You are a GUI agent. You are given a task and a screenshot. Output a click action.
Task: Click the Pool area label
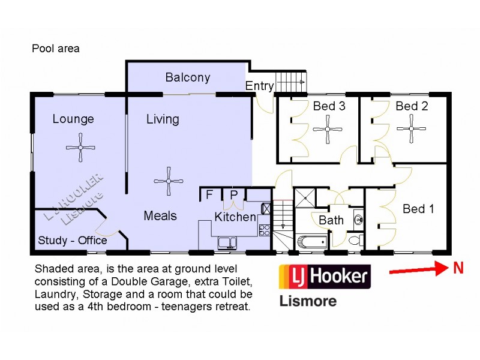[x=56, y=49]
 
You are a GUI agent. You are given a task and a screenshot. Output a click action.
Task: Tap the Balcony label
[x=188, y=77]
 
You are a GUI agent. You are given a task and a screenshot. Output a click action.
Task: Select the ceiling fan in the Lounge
[x=80, y=148]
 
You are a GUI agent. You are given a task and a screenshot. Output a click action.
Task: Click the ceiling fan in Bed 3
[x=328, y=128]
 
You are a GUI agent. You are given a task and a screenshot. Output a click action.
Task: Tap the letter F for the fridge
[x=209, y=194]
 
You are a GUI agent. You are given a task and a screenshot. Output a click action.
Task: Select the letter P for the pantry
[x=233, y=194]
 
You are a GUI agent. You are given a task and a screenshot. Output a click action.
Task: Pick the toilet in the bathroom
[x=355, y=241]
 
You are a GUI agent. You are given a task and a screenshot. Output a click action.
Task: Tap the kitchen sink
[x=227, y=242]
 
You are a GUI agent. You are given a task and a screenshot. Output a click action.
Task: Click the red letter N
[x=458, y=269]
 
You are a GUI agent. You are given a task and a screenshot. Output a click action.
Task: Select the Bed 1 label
[x=418, y=209]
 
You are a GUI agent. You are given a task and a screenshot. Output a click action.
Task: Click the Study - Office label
[x=73, y=241]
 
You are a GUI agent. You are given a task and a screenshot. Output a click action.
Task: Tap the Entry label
[x=259, y=86]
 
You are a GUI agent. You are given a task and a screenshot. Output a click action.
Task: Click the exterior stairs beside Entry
[x=291, y=81]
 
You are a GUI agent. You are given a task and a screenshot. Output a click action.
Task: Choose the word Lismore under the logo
[x=308, y=301]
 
